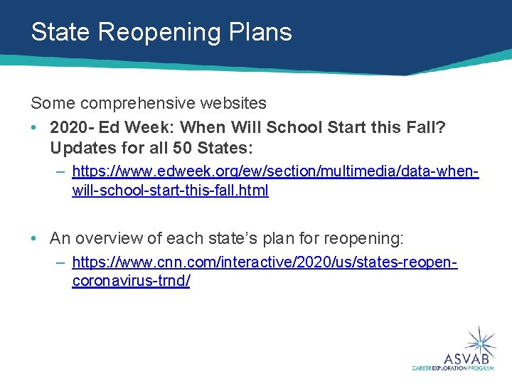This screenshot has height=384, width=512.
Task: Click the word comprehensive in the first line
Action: point(135,104)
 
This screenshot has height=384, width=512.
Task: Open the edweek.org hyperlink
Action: point(275,171)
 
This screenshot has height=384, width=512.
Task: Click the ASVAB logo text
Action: point(466,357)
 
